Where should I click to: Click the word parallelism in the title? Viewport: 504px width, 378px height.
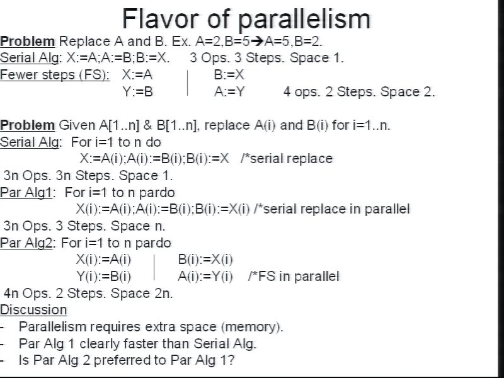(305, 20)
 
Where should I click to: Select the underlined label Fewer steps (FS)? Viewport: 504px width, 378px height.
(55, 75)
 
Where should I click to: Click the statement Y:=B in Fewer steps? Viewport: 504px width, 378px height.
(137, 92)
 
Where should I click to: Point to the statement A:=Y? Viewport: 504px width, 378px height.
(229, 92)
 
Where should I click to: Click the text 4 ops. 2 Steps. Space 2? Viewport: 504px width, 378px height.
(359, 92)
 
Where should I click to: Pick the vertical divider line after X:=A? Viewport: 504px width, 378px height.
(187, 83)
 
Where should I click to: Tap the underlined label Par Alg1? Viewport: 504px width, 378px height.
(26, 193)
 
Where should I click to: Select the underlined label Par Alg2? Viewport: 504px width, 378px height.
(26, 243)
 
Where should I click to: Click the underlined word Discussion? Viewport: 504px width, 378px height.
(33, 310)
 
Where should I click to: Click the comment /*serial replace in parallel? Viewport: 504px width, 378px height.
(332, 209)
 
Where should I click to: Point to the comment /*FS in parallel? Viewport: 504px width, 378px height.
(294, 277)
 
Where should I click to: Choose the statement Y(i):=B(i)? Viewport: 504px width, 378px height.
(103, 277)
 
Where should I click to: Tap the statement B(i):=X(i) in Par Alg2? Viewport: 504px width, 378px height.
(205, 260)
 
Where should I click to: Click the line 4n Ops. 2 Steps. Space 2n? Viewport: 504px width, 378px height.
(88, 293)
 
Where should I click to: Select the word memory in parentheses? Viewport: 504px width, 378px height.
(250, 327)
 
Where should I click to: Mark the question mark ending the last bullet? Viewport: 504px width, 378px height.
(231, 360)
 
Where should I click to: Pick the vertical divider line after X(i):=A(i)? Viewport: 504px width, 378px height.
(154, 267)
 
